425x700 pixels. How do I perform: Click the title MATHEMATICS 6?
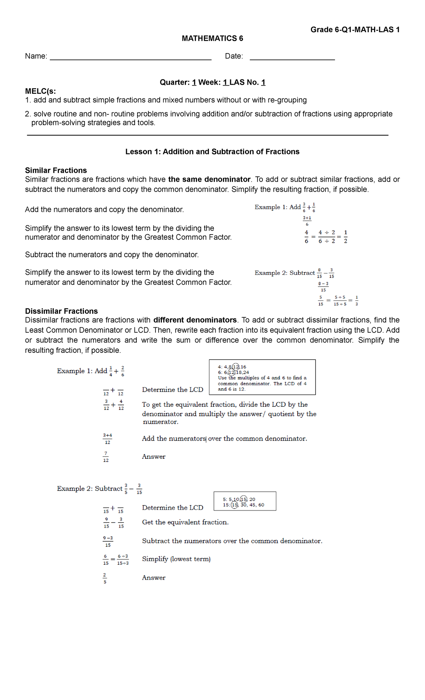tap(212, 38)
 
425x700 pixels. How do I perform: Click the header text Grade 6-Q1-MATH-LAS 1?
tap(355, 30)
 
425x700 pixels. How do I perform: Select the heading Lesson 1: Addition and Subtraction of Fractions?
tap(212, 152)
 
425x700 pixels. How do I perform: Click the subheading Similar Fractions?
tap(56, 170)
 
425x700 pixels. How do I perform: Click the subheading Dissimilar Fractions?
tap(61, 311)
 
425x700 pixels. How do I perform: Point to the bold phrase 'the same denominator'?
tap(209, 179)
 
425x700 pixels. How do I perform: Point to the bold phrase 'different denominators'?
tap(195, 320)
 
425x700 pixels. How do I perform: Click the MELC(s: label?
tap(40, 91)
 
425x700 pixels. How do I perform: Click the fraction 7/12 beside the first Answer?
tap(106, 457)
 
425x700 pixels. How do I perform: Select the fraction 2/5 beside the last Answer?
tap(105, 578)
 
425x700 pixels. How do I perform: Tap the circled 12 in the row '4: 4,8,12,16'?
tap(236, 367)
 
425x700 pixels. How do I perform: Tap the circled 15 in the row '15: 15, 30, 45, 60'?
tap(234, 505)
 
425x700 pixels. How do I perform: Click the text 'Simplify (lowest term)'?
tap(176, 559)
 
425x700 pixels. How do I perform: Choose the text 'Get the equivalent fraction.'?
tap(185, 522)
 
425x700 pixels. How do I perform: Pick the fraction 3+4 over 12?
tap(107, 439)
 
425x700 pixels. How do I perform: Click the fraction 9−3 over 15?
tap(108, 541)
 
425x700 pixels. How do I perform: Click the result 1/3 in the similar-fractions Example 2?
tap(356, 300)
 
